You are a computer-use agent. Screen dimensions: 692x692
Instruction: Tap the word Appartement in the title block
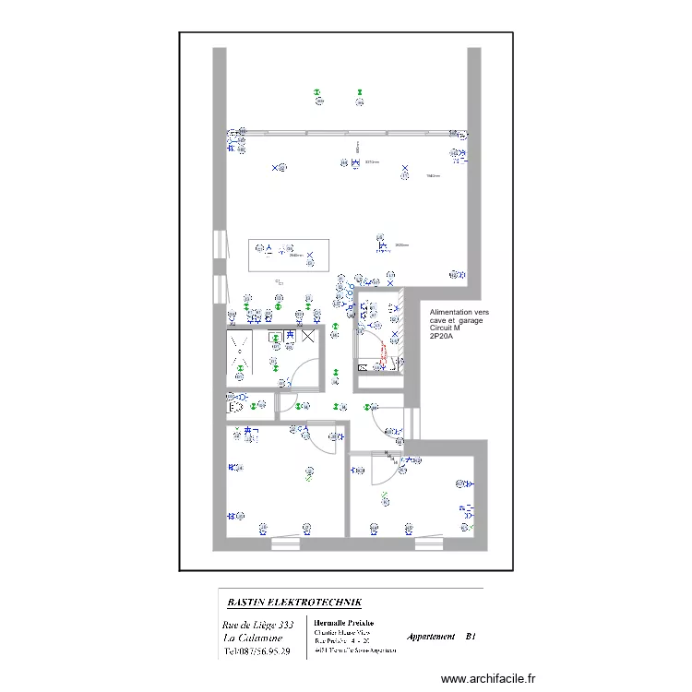(x=431, y=637)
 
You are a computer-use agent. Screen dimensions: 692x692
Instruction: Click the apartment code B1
(x=471, y=637)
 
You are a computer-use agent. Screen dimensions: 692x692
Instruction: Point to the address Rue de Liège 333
(x=258, y=626)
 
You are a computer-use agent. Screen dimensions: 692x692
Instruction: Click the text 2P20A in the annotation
(x=442, y=335)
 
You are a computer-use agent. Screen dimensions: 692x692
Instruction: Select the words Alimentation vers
(x=459, y=313)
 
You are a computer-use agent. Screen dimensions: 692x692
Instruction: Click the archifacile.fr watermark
(x=487, y=678)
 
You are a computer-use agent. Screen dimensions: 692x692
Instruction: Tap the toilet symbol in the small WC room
(x=234, y=405)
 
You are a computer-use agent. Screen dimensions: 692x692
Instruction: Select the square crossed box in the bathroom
(x=308, y=337)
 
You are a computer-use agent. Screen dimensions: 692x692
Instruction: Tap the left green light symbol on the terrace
(x=316, y=93)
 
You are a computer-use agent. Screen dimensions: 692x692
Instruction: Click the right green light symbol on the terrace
(x=356, y=92)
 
